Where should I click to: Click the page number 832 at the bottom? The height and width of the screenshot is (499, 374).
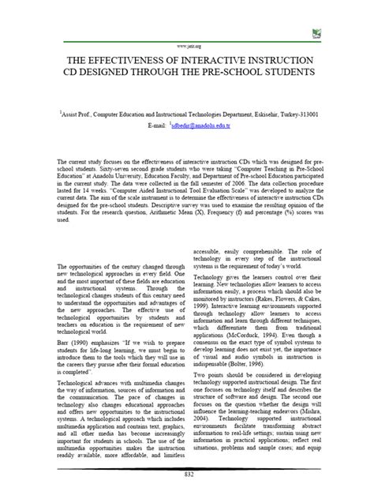point(187,493)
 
